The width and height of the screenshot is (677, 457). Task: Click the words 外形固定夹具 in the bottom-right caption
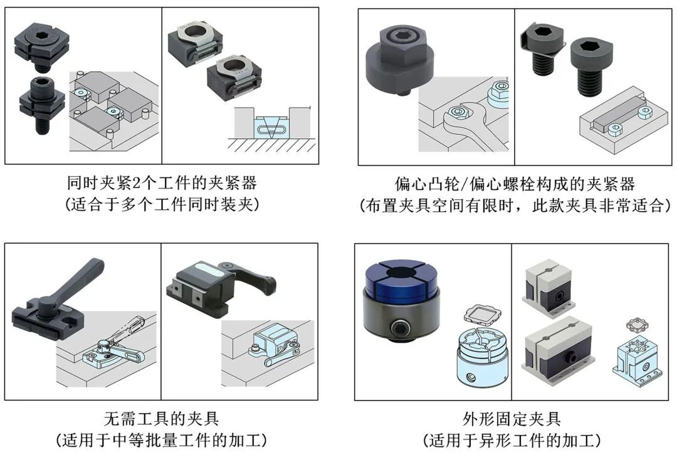tap(512, 419)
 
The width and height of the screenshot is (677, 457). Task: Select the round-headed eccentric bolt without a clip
tap(592, 64)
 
